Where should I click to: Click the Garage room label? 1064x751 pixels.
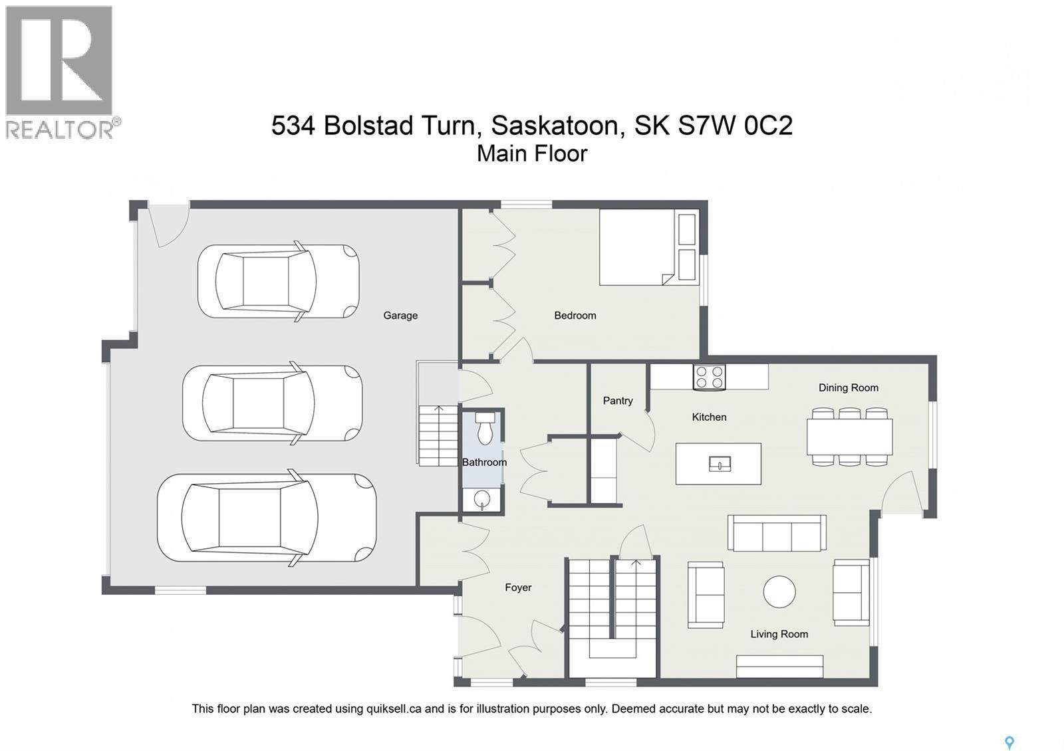[400, 316]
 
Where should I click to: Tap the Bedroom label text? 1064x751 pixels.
[575, 316]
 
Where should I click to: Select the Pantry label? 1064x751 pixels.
[617, 401]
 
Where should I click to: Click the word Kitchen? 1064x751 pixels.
[709, 417]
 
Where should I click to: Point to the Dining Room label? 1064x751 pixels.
[848, 388]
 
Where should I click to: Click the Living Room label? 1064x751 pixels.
[779, 634]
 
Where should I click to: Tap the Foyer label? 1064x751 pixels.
[518, 588]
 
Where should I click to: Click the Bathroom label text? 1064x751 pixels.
[484, 463]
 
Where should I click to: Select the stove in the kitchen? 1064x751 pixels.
[709, 377]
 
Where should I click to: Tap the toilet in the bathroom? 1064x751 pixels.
[485, 429]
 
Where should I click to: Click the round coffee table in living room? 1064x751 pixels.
[779, 591]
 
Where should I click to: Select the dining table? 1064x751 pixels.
[849, 437]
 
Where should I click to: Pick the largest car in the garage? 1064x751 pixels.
[266, 518]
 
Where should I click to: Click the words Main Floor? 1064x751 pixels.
[532, 154]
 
